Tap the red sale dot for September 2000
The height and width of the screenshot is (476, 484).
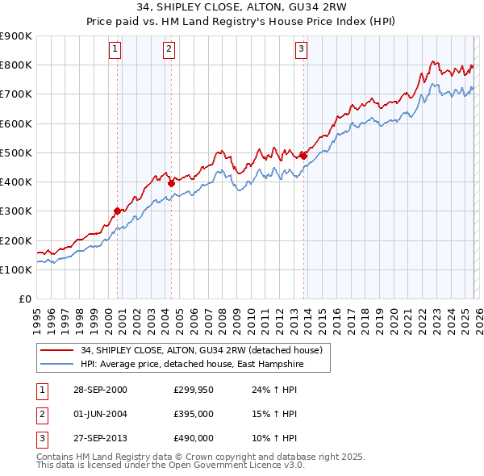(x=117, y=211)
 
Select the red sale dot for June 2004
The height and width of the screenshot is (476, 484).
(x=171, y=183)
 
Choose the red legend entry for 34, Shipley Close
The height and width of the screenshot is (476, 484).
(x=201, y=350)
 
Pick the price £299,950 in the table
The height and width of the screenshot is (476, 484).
(x=194, y=389)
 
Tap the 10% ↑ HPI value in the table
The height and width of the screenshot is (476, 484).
(x=274, y=438)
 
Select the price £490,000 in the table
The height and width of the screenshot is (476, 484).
(x=194, y=438)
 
